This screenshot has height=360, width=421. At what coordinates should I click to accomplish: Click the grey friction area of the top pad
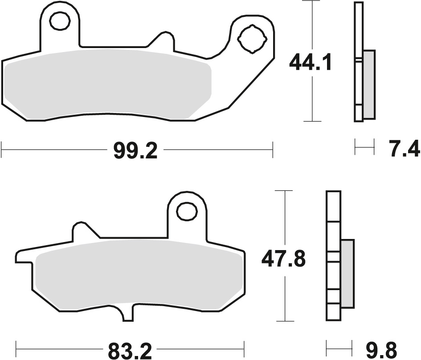[107, 85]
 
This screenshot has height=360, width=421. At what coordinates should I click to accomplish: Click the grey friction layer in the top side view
[369, 85]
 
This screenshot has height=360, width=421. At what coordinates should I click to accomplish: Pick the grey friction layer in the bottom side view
[347, 274]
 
